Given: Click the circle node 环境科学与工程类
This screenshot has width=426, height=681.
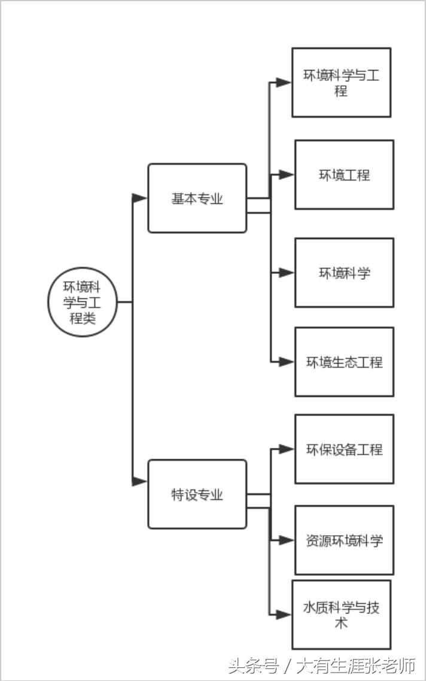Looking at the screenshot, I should (x=82, y=302).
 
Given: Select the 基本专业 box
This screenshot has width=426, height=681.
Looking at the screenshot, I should (x=197, y=198).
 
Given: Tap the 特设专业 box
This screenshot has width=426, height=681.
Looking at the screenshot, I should (x=197, y=494).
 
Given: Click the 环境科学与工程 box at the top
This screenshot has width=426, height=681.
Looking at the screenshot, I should (x=341, y=83).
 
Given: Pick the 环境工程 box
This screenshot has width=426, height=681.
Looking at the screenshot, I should (x=344, y=175).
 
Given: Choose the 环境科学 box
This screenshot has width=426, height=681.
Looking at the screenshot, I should (x=344, y=273).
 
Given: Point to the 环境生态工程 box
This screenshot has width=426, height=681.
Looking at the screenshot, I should (x=344, y=362).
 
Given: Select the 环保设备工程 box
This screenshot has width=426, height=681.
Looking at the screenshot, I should (x=344, y=449).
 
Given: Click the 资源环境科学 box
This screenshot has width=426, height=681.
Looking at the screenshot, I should (x=344, y=540).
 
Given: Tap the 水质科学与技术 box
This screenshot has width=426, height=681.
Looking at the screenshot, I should (x=341, y=615).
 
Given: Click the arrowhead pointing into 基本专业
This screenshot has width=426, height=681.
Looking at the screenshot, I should (x=140, y=198).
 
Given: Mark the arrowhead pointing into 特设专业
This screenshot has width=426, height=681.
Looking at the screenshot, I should (x=140, y=481).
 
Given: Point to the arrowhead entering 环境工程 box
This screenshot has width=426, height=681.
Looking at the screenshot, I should (x=287, y=175).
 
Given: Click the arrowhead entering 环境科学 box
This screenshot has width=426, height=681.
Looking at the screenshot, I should (x=287, y=273).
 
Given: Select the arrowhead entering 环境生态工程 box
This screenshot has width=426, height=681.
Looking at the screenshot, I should (x=287, y=362).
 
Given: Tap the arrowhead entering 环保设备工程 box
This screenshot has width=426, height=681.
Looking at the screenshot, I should (x=287, y=449).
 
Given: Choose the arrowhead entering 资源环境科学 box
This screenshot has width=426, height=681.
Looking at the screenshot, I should (x=287, y=540).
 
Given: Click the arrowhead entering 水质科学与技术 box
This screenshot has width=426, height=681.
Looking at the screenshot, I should (x=284, y=614).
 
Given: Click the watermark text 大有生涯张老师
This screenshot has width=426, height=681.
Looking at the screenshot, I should (x=356, y=665).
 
